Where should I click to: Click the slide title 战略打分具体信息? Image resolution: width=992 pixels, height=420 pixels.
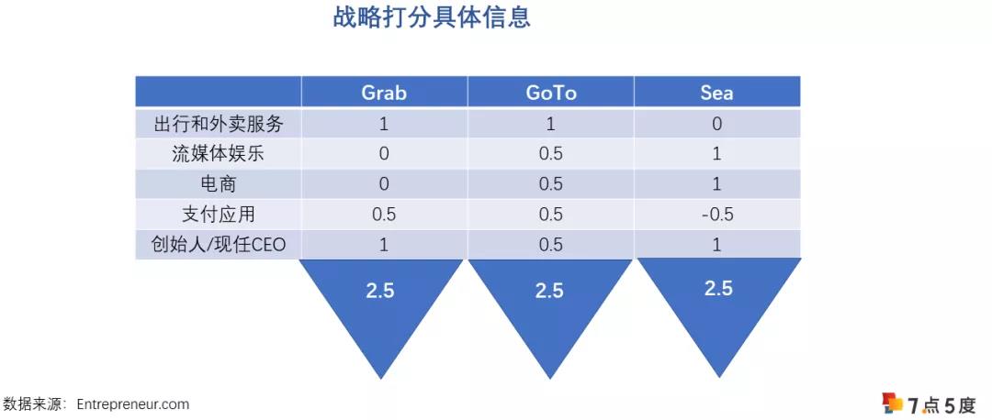point(431,18)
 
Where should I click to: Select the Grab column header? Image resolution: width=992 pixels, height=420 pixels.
point(384,93)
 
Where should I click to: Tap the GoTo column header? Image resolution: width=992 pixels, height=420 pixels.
point(550,93)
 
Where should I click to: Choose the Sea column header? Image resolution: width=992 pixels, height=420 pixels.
point(716,93)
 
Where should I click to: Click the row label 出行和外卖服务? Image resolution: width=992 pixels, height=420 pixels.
point(218,124)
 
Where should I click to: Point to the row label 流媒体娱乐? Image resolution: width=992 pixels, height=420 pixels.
point(218,154)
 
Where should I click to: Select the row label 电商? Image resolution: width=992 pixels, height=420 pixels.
point(218,184)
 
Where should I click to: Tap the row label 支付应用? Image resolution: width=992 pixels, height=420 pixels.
point(218,215)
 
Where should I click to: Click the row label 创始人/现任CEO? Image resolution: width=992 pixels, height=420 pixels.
point(218,245)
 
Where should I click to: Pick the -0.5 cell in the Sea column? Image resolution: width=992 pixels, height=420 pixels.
point(716,215)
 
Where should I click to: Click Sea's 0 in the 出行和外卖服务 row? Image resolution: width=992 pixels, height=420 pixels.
point(716,124)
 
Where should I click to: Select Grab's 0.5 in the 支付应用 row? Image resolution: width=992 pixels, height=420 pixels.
point(384,215)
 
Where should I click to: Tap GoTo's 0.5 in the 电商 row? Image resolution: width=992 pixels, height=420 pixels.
point(550,184)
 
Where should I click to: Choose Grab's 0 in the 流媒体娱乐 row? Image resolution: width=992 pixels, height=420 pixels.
point(384,154)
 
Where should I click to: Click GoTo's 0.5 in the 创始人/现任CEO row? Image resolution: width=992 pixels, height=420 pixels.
point(550,245)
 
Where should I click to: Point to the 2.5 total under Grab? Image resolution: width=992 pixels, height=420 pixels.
point(380,290)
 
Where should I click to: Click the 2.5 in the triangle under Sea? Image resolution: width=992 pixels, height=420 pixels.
point(717,288)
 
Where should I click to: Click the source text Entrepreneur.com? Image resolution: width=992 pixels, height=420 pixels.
point(133,403)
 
